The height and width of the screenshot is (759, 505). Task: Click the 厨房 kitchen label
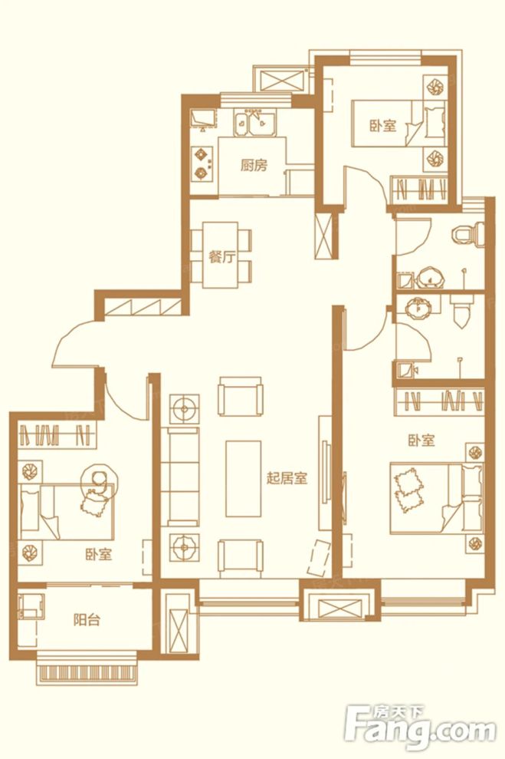[254, 165]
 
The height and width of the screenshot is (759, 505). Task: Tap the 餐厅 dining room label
[221, 258]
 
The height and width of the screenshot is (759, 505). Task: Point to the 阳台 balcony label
[87, 620]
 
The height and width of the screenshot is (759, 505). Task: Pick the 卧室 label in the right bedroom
[421, 441]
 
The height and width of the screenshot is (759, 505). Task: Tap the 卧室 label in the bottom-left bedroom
[98, 553]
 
